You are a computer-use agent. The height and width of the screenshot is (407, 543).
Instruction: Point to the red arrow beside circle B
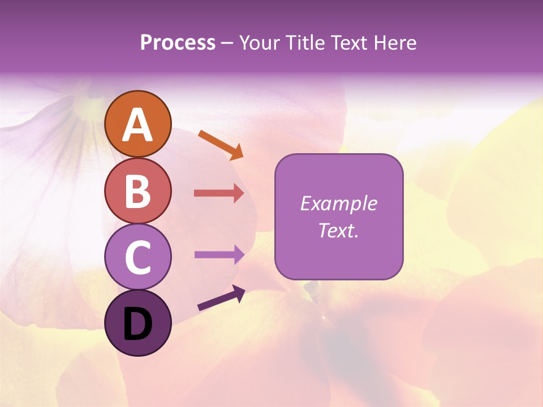click(219, 193)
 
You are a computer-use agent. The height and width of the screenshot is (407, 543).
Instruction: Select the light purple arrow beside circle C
click(219, 254)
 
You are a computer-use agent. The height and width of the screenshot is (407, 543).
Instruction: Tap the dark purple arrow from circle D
click(221, 298)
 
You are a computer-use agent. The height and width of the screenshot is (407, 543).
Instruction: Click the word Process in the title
click(178, 43)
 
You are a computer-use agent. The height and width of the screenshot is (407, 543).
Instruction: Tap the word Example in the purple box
click(338, 203)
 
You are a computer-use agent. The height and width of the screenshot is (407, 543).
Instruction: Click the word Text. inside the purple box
click(338, 231)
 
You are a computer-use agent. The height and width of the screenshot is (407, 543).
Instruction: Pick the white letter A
click(137, 125)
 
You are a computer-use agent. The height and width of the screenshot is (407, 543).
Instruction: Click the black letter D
click(137, 324)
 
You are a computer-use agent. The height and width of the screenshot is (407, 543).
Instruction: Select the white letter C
click(137, 258)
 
